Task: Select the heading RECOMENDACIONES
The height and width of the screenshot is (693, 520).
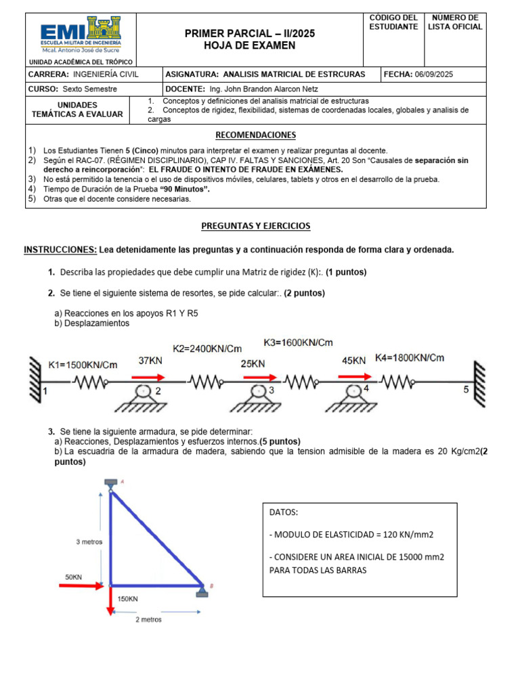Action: click(x=255, y=135)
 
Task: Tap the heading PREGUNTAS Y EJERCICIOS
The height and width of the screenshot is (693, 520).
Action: click(x=255, y=225)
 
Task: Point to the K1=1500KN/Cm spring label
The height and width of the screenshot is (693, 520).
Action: click(x=83, y=365)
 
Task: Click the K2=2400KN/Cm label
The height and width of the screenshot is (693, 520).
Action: click(x=207, y=349)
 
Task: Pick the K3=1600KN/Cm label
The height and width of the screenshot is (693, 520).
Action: click(x=298, y=342)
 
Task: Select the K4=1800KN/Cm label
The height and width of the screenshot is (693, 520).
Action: click(x=410, y=358)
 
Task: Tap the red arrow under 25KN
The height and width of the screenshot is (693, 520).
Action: click(x=259, y=378)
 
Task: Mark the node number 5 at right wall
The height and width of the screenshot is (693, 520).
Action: click(x=465, y=390)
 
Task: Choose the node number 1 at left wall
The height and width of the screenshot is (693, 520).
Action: click(x=45, y=391)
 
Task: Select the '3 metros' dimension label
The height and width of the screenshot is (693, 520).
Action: click(x=89, y=542)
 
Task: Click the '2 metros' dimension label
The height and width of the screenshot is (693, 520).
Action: click(x=148, y=619)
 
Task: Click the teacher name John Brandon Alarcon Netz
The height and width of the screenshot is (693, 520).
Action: click(x=263, y=89)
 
